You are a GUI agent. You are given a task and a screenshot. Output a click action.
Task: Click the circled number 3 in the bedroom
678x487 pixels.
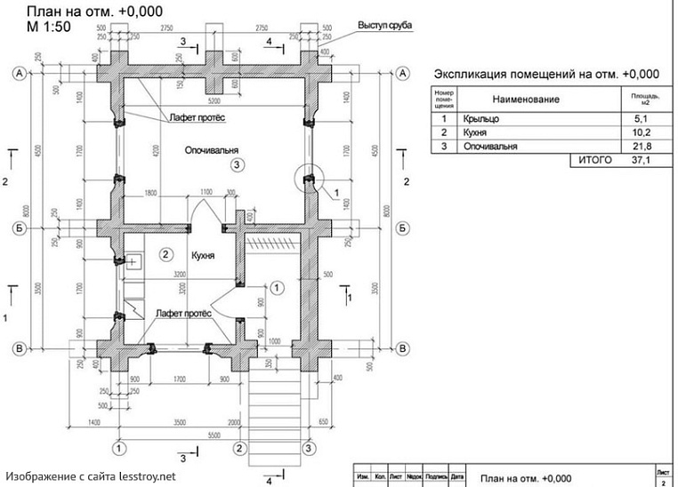pos(236,164)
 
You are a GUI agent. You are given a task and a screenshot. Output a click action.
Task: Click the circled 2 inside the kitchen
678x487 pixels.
pos(165,255)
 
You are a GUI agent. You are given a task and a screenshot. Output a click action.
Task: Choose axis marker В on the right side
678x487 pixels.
pos(403,347)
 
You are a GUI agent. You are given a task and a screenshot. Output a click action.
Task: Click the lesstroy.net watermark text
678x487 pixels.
pos(90,475)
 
